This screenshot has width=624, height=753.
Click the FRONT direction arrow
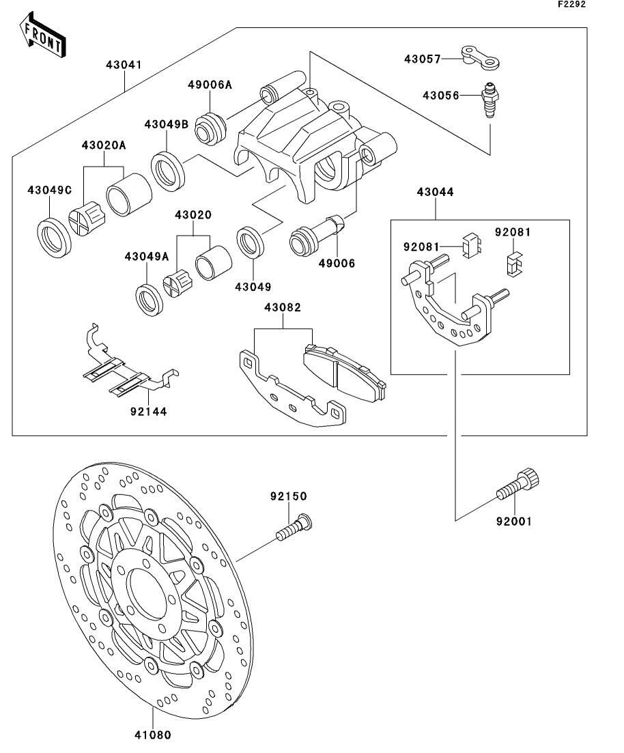pyautogui.click(x=43, y=37)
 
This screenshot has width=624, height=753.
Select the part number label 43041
pyautogui.click(x=124, y=66)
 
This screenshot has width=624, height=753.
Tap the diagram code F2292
pyautogui.click(x=571, y=5)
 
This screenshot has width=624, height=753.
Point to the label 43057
pyautogui.click(x=423, y=59)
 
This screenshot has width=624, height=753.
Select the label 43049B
pyautogui.click(x=166, y=125)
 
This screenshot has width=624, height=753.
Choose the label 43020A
pyautogui.click(x=104, y=145)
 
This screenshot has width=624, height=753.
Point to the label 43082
pyautogui.click(x=283, y=309)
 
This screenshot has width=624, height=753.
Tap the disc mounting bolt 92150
pyautogui.click(x=295, y=530)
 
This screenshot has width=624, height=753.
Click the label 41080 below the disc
pyautogui.click(x=152, y=735)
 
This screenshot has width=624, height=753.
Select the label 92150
pyautogui.click(x=287, y=496)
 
